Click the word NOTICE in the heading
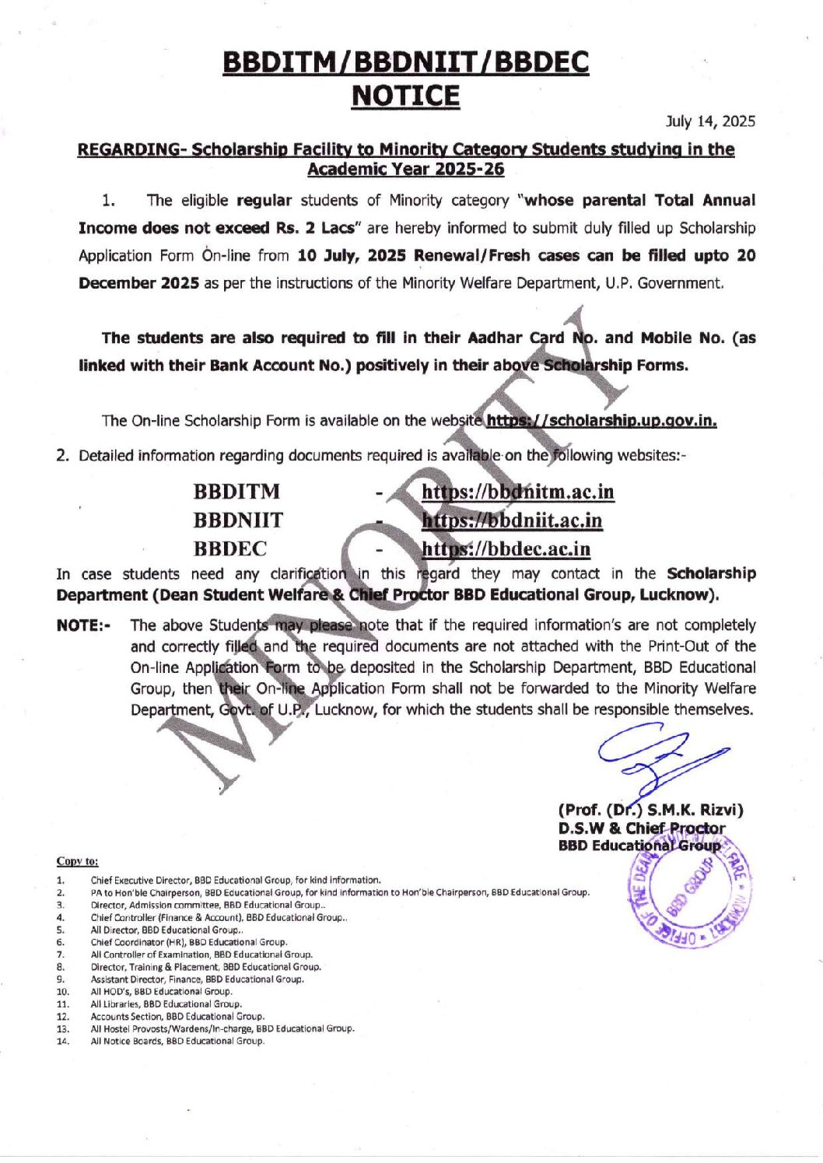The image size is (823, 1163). point(405,96)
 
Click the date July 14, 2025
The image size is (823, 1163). point(710,121)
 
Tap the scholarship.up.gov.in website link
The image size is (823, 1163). point(601,421)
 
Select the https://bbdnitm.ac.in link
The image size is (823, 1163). point(517,492)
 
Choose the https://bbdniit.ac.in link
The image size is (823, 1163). point(512,520)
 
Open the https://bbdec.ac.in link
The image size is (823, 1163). point(506,549)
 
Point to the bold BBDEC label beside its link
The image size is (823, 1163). point(229,549)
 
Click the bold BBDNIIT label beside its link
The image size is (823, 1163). point(238,520)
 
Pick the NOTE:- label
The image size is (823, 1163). point(83,625)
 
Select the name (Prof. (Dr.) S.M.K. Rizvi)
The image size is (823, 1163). point(650,810)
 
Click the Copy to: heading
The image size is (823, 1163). point(77,861)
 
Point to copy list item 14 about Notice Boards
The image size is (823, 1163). point(177,1041)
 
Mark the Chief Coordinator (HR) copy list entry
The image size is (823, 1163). point(189,942)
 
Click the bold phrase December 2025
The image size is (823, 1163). point(138,283)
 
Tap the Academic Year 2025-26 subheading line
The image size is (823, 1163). point(405,170)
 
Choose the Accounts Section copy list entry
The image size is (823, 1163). point(177,1016)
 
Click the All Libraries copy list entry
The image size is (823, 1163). point(166,1004)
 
